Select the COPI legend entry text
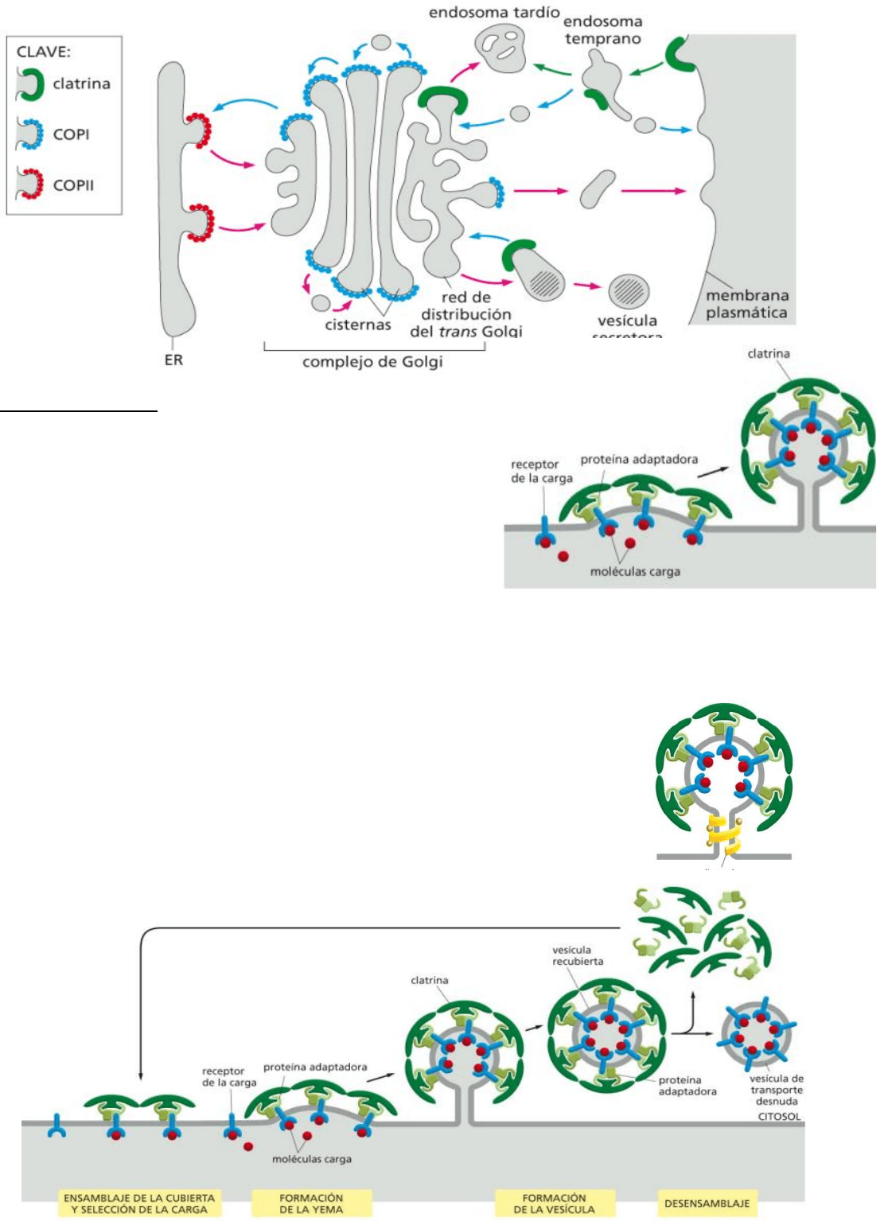click(71, 134)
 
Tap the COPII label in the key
click(73, 185)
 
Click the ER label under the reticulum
click(173, 360)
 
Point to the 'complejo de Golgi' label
click(372, 363)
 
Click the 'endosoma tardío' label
click(494, 13)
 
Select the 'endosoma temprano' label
click(603, 30)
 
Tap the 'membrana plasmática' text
click(746, 304)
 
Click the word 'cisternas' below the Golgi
click(358, 325)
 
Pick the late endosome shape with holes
click(502, 45)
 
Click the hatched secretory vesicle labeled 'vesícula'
click(629, 291)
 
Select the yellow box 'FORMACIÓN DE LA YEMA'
click(311, 1203)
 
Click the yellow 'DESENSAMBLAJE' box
click(707, 1203)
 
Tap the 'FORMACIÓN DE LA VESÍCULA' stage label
click(554, 1203)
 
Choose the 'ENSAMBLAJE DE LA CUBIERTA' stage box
click(139, 1203)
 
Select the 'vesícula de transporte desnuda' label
click(776, 1090)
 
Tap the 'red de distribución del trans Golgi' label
click(465, 314)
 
